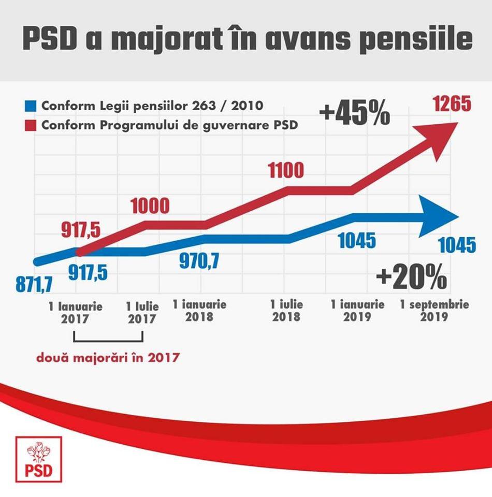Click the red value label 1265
pyautogui.click(x=452, y=105)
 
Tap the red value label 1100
pyautogui.click(x=285, y=170)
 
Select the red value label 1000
pyautogui.click(x=149, y=206)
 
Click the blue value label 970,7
pyautogui.click(x=199, y=261)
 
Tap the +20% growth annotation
pyautogui.click(x=412, y=278)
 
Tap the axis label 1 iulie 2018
pyautogui.click(x=286, y=310)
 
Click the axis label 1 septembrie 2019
pyautogui.click(x=434, y=310)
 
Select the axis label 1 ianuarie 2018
pyautogui.click(x=199, y=310)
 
